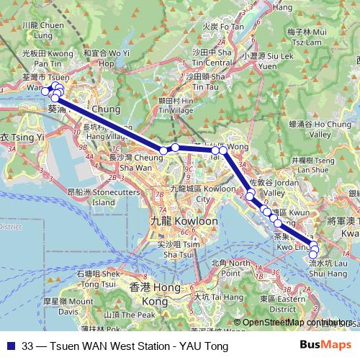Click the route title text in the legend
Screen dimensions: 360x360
[x=125, y=346]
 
